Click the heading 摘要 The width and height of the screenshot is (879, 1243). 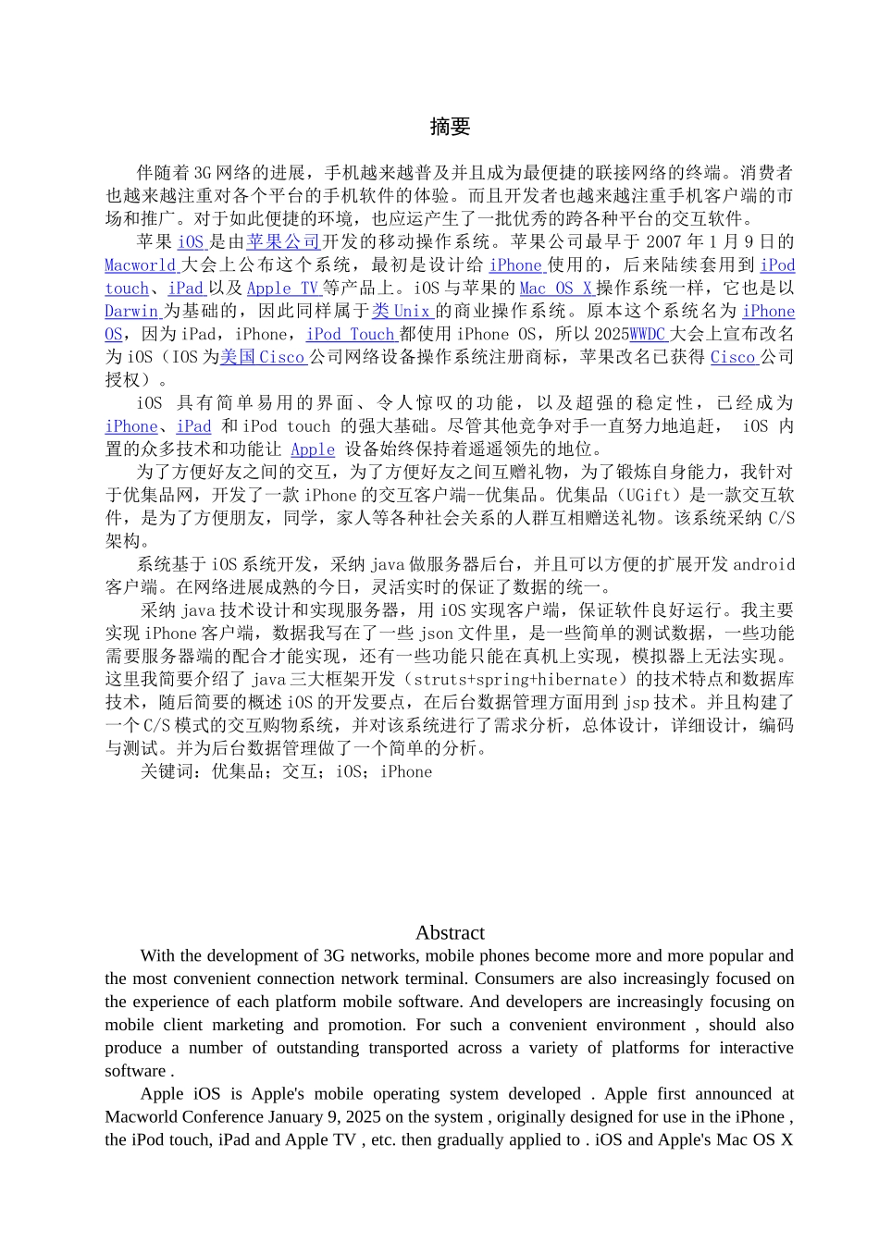[450, 127]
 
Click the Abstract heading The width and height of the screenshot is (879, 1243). [450, 932]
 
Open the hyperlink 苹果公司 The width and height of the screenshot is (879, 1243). [283, 242]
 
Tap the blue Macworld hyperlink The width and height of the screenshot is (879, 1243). [140, 265]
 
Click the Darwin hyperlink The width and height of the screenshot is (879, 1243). [131, 312]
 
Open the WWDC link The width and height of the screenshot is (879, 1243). [648, 335]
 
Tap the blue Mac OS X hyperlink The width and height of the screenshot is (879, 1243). [555, 289]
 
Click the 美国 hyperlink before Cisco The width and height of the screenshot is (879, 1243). [238, 357]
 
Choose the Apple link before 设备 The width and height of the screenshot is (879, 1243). [313, 449]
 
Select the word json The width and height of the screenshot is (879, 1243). [436, 634]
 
